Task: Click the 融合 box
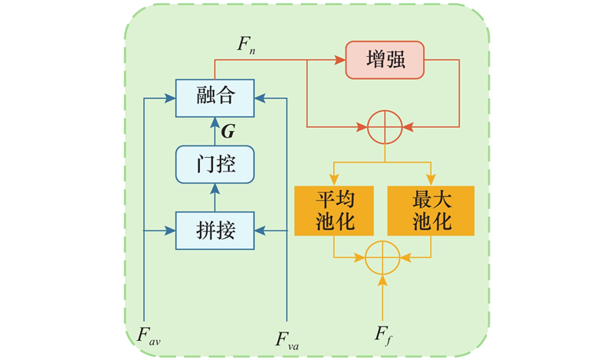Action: (x=215, y=97)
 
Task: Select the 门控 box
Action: (x=215, y=164)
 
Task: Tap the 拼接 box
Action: (x=215, y=229)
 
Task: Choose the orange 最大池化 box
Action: (x=431, y=211)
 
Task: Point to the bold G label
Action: (x=228, y=132)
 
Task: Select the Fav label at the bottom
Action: (x=149, y=334)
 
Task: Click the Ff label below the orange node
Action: (x=383, y=334)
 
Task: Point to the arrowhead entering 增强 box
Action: (x=341, y=59)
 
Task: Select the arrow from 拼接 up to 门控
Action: (x=215, y=197)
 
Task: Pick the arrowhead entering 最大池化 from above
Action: (x=431, y=180)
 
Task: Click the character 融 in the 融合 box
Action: (x=205, y=97)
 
